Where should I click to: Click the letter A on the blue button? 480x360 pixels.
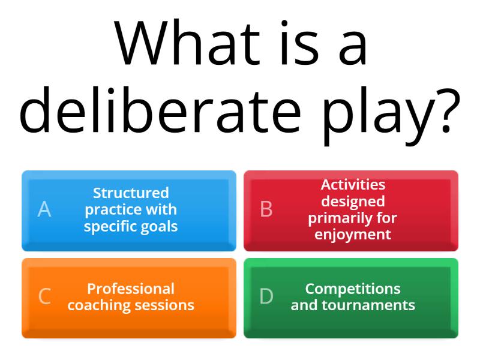click(44, 209)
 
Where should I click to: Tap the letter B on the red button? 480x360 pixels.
click(266, 209)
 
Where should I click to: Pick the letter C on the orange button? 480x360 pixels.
click(44, 296)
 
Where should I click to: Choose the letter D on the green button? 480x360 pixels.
click(266, 296)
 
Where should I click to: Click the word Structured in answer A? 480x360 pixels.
click(131, 193)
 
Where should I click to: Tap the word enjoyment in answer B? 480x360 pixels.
click(353, 235)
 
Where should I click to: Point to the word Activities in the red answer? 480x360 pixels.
click(353, 185)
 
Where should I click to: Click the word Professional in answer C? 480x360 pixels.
click(131, 289)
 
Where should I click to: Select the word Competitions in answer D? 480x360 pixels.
click(353, 289)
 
